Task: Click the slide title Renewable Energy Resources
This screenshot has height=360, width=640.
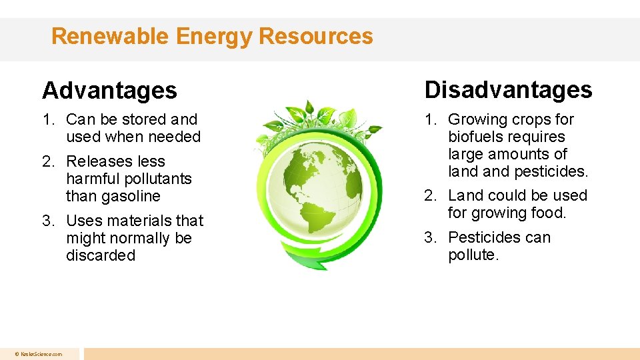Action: pyautogui.click(x=212, y=36)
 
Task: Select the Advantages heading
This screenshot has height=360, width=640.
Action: pyautogui.click(x=109, y=91)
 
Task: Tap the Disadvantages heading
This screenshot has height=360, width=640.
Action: pyautogui.click(x=508, y=89)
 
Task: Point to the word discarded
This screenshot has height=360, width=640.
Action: pyautogui.click(x=100, y=255)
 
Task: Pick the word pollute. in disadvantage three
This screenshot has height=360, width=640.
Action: pyautogui.click(x=473, y=255)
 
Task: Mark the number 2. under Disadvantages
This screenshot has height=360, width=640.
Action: pyautogui.click(x=431, y=196)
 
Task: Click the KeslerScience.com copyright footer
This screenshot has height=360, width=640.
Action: pyautogui.click(x=40, y=354)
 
